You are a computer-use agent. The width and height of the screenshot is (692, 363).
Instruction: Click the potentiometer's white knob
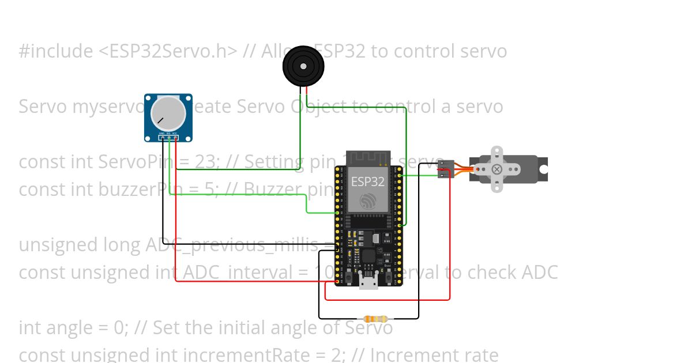click(168, 113)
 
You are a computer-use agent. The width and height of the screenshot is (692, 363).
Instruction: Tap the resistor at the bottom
click(375, 319)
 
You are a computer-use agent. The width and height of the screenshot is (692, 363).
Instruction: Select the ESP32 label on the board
click(368, 182)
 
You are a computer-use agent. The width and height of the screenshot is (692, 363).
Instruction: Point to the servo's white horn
click(497, 169)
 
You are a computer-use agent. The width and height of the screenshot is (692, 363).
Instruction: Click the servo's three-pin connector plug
click(445, 169)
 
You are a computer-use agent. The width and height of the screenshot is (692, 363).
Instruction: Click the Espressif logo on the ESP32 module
click(368, 201)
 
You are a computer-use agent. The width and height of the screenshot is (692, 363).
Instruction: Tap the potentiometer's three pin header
click(168, 137)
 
